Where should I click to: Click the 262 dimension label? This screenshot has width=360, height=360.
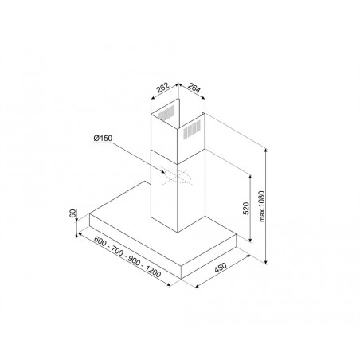coord(162,88)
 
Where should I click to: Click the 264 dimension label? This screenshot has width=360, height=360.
coord(194,88)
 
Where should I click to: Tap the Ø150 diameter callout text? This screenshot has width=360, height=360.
coord(103,139)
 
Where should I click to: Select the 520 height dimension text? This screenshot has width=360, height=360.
coord(246,209)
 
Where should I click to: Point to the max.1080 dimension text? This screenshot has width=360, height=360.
coord(262,206)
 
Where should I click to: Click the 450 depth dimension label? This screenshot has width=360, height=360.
coord(221,268)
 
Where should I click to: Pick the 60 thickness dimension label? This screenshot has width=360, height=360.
coord(72,213)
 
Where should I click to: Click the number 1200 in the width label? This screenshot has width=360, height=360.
coord(153,271)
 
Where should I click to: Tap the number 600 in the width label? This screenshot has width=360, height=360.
coord(100,241)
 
